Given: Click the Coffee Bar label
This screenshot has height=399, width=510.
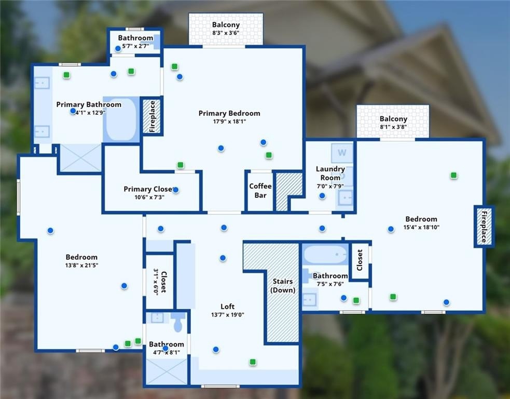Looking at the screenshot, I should [260, 191].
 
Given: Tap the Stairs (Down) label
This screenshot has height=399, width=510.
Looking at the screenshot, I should [283, 286].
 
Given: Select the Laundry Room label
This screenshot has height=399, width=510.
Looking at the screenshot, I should [330, 173].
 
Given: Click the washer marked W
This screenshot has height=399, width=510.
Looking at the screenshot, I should [342, 153].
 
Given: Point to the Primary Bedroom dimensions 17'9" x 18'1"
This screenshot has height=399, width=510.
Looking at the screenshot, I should [229, 122].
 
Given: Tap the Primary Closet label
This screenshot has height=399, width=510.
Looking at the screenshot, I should [147, 189].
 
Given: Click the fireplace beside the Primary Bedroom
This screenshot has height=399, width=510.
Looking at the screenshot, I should [153, 116].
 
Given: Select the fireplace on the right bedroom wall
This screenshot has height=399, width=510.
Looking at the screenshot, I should [484, 227].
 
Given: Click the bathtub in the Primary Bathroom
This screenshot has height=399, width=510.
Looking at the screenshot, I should [121, 119].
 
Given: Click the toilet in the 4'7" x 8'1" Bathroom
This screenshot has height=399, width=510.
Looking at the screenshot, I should [178, 323].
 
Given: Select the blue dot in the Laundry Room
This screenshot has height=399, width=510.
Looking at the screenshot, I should [322, 196].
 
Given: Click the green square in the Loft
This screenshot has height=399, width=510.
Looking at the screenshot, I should [253, 362].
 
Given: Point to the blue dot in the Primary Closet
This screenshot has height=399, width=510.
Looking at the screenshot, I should [175, 190].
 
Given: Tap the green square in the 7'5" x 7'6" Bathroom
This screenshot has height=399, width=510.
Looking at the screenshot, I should [356, 300].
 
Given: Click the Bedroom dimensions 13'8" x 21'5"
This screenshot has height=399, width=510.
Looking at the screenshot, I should [81, 265].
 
